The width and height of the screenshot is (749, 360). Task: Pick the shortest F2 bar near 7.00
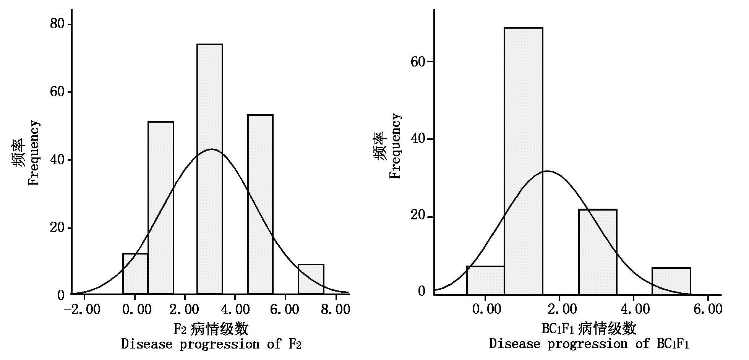(x=311, y=279)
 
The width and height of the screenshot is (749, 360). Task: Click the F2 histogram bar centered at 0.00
(x=135, y=274)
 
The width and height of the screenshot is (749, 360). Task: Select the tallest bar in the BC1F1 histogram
(x=523, y=161)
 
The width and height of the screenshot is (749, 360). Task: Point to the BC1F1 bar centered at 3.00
(x=597, y=252)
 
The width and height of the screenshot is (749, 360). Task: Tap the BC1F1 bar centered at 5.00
(x=671, y=281)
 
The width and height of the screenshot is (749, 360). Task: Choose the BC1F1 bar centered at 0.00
(x=485, y=281)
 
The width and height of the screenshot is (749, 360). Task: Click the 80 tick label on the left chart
(x=58, y=24)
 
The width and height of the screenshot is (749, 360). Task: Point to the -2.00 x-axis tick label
(x=83, y=309)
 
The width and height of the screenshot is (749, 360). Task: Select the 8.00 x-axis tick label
(x=336, y=309)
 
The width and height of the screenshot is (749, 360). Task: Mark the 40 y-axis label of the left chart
(x=58, y=160)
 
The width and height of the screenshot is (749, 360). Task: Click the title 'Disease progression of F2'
(x=211, y=344)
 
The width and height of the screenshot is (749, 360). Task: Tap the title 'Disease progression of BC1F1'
(x=589, y=344)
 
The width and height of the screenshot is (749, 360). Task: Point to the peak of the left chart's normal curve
(x=211, y=149)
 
